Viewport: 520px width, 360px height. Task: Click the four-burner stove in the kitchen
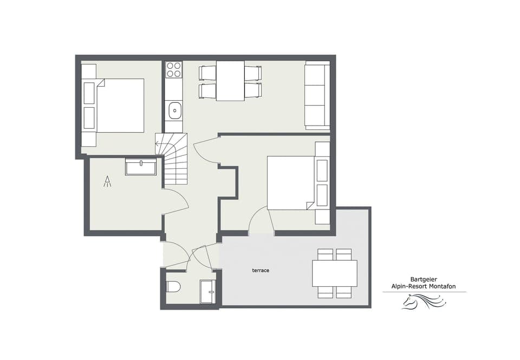(174, 70)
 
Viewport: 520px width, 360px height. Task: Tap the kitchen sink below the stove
(174, 110)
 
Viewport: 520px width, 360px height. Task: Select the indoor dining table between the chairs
(230, 81)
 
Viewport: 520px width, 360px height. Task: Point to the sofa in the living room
(317, 96)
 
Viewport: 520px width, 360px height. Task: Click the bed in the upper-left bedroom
(119, 106)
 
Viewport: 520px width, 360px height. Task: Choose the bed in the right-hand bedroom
(291, 183)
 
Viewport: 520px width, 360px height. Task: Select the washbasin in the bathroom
(141, 166)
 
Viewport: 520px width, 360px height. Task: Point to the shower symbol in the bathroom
(108, 181)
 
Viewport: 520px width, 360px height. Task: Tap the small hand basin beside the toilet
(207, 291)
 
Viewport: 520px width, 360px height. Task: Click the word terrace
(261, 270)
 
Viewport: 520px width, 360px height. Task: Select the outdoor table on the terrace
(335, 273)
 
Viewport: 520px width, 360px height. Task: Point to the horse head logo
(422, 302)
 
